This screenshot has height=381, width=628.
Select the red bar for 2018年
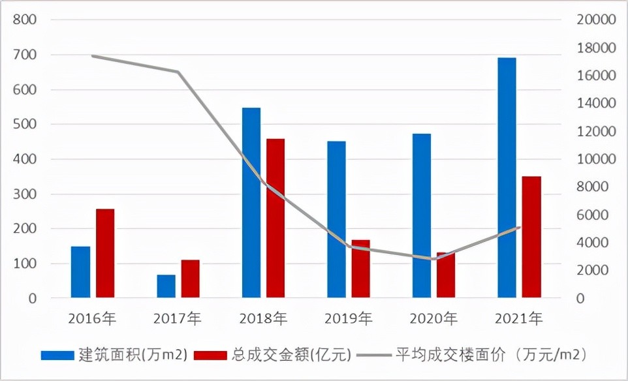(x=275, y=219)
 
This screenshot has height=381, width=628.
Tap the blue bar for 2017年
(x=166, y=286)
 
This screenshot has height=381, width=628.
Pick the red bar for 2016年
(x=105, y=254)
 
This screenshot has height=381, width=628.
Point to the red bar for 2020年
(x=446, y=275)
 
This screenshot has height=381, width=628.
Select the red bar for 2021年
(x=531, y=237)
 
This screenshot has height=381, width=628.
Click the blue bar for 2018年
(x=251, y=203)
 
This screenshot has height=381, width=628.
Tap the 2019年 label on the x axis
(x=349, y=318)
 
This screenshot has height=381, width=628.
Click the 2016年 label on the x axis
(x=93, y=318)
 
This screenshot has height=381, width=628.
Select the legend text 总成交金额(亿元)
(x=291, y=355)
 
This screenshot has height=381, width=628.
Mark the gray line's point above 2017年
(x=178, y=72)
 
